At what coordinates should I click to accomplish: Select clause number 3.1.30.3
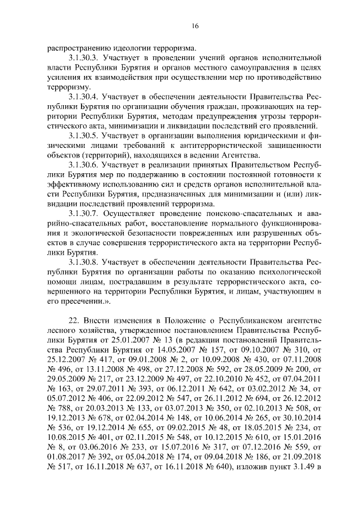87,58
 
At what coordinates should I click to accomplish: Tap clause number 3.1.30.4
87,97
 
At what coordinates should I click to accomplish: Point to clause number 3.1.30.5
87,136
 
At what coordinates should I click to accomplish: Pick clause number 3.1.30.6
87,165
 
